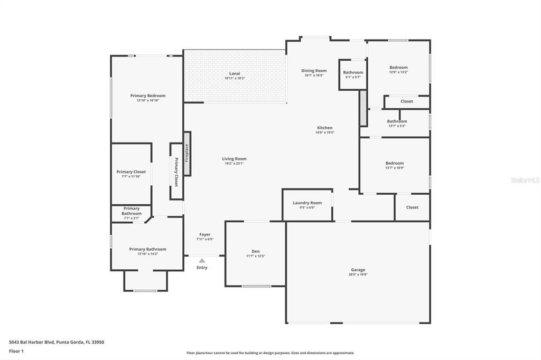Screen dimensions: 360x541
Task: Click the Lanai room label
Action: [235, 73]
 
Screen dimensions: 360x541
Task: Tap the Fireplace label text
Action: [186, 153]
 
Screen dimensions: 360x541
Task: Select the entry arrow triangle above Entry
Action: [202, 260]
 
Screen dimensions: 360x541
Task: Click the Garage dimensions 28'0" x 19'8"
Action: [358, 274]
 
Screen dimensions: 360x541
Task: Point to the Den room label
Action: [256, 251]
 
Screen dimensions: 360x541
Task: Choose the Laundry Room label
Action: [307, 203]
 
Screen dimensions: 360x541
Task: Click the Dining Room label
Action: [314, 71]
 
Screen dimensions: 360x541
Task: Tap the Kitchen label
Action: [324, 128]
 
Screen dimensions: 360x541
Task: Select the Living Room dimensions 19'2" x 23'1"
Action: [234, 164]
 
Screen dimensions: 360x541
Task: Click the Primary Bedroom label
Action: [148, 96]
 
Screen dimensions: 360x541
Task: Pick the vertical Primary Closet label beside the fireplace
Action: [176, 172]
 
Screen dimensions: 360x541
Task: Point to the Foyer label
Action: [205, 234]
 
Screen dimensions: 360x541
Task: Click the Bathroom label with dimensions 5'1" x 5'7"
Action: [353, 72]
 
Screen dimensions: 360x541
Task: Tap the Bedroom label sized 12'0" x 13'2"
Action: [398, 68]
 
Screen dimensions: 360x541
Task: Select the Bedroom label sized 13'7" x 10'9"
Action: [394, 163]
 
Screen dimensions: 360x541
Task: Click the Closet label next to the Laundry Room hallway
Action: [412, 207]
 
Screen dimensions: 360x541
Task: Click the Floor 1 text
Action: [17, 351]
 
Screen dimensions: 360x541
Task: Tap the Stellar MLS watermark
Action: [525, 180]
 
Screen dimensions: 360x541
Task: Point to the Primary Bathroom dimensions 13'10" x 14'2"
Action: [147, 254]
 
